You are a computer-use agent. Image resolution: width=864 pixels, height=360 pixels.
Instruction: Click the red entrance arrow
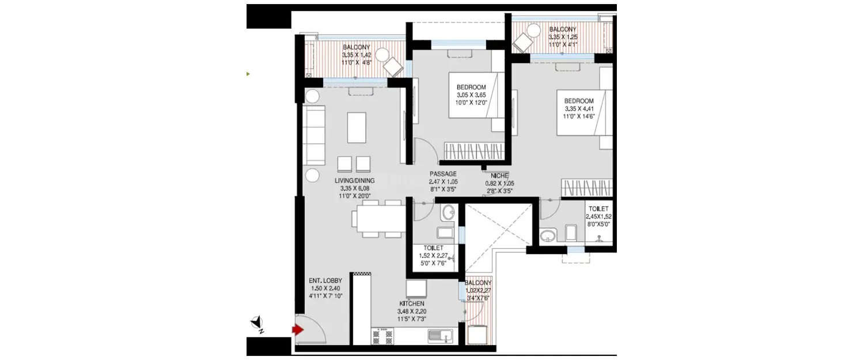click(x=297, y=330)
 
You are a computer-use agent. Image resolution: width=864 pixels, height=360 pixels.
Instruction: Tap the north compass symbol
click(x=257, y=324)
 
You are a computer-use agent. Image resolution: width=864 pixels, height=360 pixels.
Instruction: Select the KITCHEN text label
click(x=412, y=304)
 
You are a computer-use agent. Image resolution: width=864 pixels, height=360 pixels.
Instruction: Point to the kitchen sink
click(x=442, y=335)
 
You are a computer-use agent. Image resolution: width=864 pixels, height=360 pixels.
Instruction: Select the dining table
click(x=377, y=219)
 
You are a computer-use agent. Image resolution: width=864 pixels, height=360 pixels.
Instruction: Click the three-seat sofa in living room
click(x=314, y=135)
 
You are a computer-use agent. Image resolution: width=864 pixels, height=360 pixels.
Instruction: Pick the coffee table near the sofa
click(x=357, y=127)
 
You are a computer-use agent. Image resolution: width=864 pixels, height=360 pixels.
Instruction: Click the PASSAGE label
click(x=443, y=174)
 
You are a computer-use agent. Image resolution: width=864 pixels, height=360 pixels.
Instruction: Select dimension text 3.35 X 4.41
click(x=579, y=108)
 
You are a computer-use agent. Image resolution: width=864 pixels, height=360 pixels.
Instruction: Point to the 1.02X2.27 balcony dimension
click(x=479, y=290)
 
